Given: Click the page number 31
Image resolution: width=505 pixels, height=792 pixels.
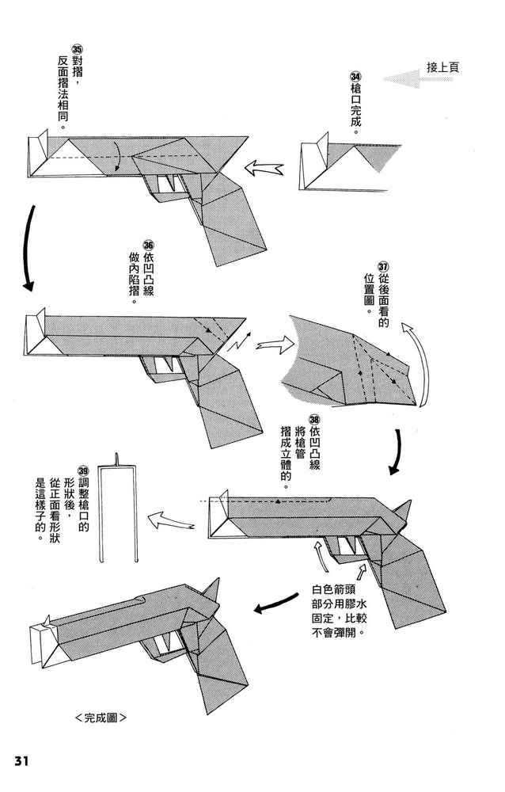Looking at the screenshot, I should (x=21, y=761).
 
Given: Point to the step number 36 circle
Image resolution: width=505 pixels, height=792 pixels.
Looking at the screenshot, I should (x=147, y=245).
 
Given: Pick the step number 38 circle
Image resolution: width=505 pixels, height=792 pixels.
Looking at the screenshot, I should (x=314, y=420).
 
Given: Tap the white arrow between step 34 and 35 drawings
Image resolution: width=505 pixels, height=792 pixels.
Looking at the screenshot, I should (x=264, y=168).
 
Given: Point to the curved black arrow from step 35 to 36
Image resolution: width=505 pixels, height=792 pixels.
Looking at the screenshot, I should (x=28, y=246).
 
